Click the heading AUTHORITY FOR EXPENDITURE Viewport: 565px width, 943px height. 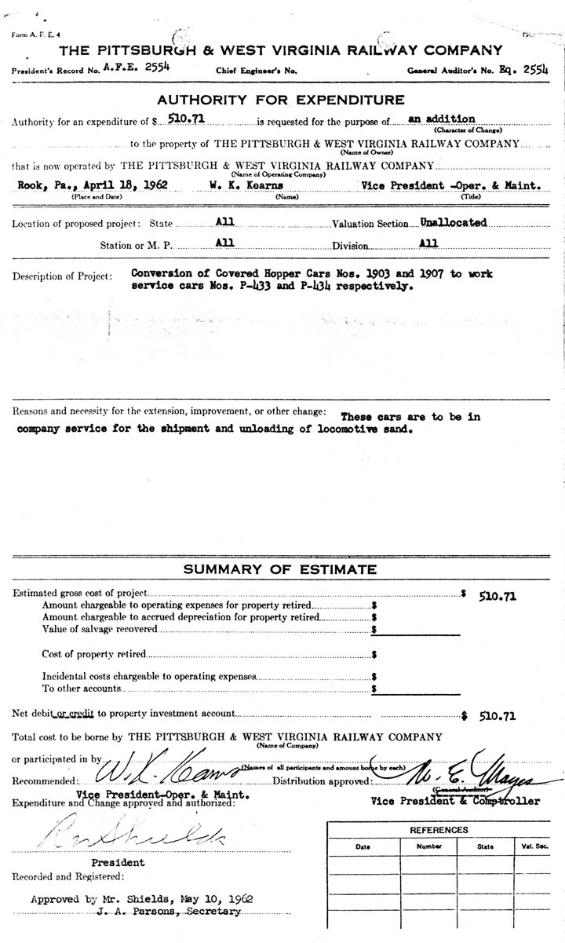(x=281, y=100)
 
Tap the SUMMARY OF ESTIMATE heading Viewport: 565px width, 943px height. (x=280, y=570)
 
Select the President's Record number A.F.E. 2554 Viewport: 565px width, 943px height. (x=137, y=68)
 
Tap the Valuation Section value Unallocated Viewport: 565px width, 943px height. (x=454, y=222)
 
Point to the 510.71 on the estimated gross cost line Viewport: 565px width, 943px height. (x=498, y=596)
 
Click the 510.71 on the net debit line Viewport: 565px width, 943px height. (x=498, y=716)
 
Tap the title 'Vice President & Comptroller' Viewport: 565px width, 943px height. (x=455, y=802)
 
